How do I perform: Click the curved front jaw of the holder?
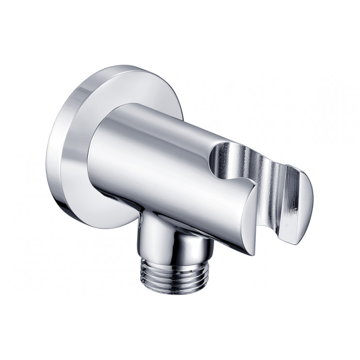coord(243,204)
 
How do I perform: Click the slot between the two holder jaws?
coord(272,194)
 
